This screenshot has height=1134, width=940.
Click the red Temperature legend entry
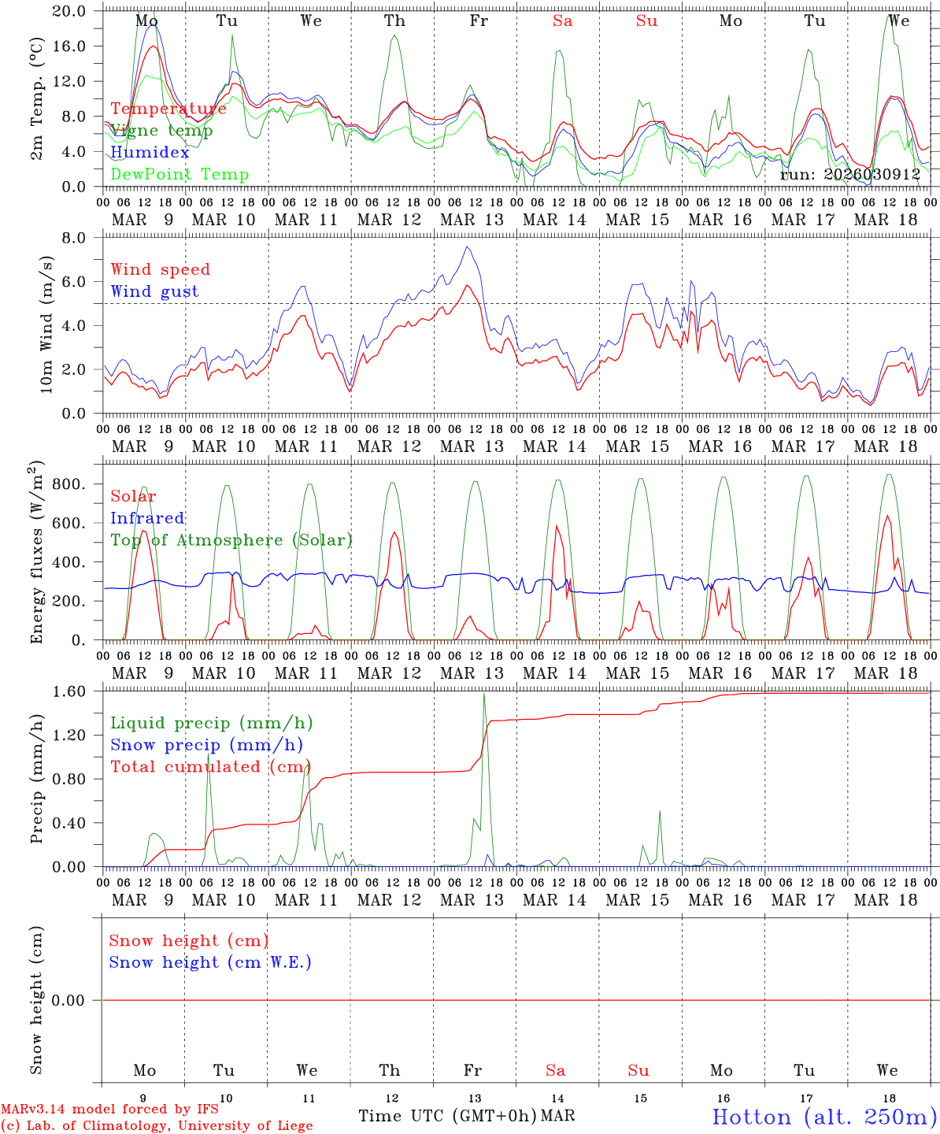click(x=168, y=109)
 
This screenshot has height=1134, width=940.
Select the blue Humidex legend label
click(x=150, y=153)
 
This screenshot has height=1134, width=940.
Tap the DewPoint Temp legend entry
click(x=179, y=175)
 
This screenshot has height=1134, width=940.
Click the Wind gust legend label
click(x=154, y=291)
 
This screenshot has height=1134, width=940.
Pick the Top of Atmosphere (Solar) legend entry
click(x=231, y=540)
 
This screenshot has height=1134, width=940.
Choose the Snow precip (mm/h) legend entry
click(x=206, y=745)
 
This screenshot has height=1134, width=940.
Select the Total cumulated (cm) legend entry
click(x=211, y=767)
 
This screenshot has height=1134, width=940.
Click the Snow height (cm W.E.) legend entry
click(x=210, y=962)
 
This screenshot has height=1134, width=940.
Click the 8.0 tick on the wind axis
click(x=82, y=238)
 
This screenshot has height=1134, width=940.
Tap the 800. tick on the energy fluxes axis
click(x=68, y=484)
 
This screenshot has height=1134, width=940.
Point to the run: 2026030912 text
click(x=850, y=174)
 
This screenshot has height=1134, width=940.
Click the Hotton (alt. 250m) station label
click(x=824, y=1117)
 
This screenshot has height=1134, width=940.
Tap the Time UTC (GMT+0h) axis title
click(x=448, y=1116)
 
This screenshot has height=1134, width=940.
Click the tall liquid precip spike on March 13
click(x=484, y=693)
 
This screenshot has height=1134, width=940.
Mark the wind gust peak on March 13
click(x=468, y=247)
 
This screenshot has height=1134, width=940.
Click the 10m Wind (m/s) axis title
click(x=46, y=324)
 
